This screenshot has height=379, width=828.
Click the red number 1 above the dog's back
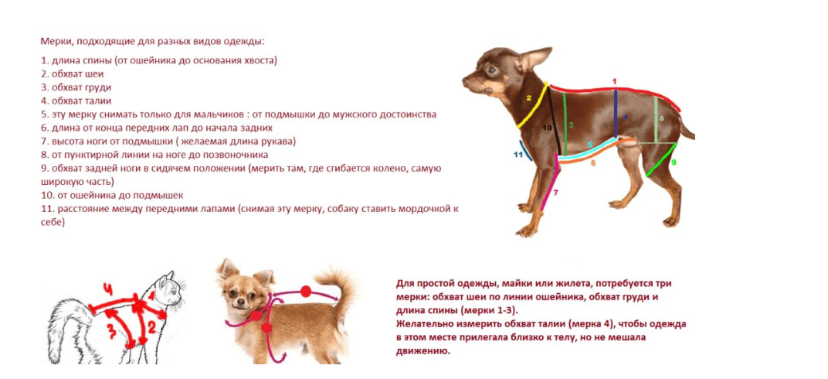point(614,80)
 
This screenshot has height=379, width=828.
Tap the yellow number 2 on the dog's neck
point(529,98)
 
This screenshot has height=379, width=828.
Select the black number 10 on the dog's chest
point(547,128)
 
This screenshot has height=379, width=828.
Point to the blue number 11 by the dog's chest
point(518,155)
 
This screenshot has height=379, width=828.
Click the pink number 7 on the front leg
point(555,191)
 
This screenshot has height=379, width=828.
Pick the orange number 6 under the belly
point(593,163)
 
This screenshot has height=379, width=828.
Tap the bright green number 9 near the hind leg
point(674,162)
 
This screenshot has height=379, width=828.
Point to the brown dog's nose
point(465,77)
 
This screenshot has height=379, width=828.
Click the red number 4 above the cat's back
point(108,289)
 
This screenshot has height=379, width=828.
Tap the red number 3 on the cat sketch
point(110,331)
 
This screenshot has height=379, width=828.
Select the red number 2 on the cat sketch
point(151,328)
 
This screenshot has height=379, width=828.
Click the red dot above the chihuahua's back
point(306,292)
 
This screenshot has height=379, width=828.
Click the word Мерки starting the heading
point(57,41)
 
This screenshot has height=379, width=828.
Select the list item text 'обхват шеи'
point(77,73)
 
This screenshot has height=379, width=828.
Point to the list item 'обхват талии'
point(81,101)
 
